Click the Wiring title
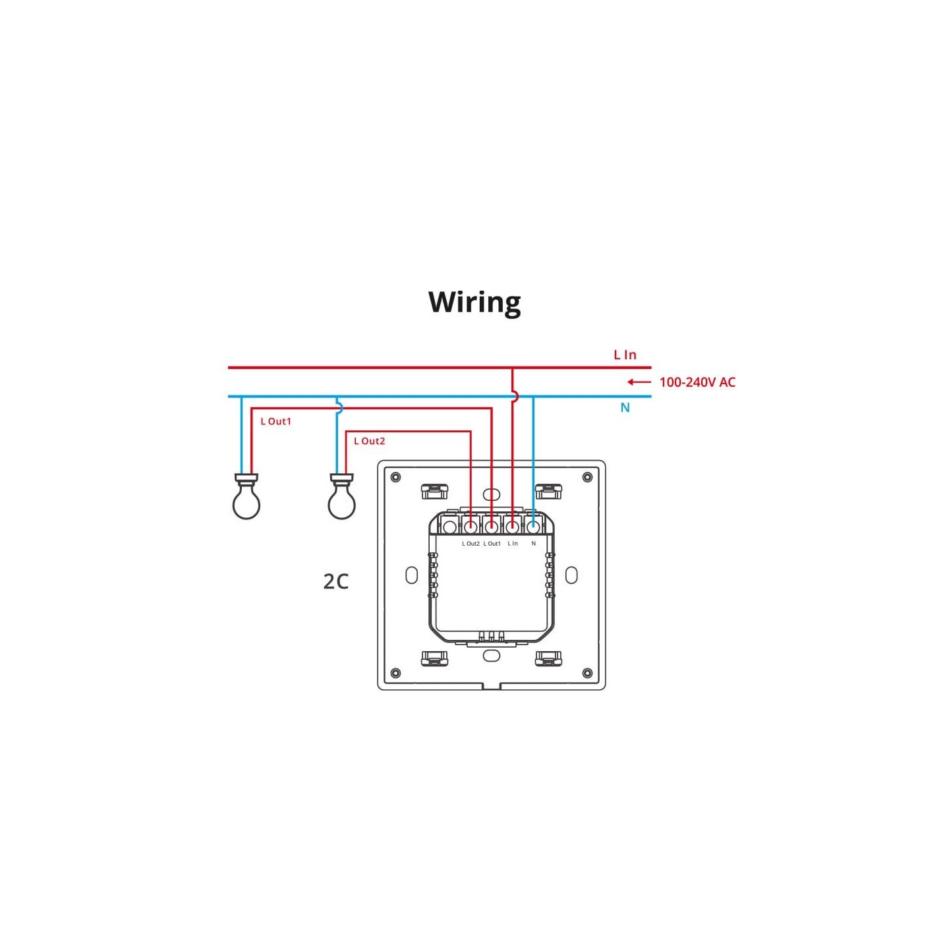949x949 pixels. coord(474,302)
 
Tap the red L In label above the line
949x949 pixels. coord(625,355)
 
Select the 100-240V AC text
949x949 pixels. coord(697,382)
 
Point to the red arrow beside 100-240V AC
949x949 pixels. coord(639,382)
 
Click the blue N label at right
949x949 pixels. coord(625,408)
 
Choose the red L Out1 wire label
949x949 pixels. coord(275,422)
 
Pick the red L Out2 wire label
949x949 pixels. coord(369,442)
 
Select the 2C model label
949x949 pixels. coord(335,581)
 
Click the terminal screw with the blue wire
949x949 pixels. coord(533,527)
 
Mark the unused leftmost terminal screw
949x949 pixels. coord(449,527)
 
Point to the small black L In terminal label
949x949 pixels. coord(513,544)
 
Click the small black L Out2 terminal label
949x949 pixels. coord(471,544)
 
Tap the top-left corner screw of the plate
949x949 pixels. coord(395,477)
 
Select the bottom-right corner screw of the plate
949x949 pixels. coord(587,673)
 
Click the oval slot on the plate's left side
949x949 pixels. coord(411,575)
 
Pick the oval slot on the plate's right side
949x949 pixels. coord(571,575)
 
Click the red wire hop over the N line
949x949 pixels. coord(515,396)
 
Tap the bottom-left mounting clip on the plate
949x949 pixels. coord(434,658)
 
